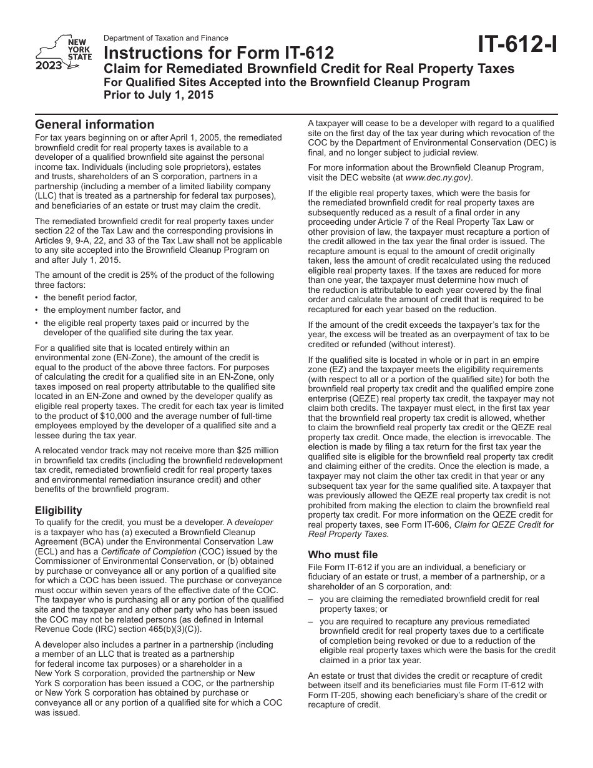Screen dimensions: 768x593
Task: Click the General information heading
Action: [94, 124]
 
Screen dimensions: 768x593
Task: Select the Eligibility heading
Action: [58, 510]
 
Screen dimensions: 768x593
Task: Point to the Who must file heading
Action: [343, 554]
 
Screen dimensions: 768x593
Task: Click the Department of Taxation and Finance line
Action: [165, 38]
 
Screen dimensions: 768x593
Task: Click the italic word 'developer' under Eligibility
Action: [253, 522]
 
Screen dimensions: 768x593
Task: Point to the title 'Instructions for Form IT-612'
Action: [218, 53]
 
